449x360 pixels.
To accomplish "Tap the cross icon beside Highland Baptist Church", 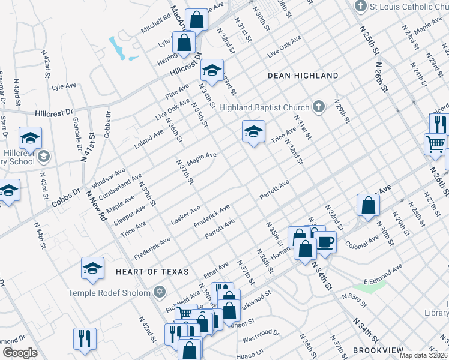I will pos(319,107).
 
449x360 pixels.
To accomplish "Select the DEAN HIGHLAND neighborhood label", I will pos(303,76).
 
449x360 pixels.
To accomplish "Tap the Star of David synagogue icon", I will pos(159,292).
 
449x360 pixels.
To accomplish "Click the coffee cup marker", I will pos(326,241).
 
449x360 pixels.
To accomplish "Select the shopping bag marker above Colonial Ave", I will pos(368,205).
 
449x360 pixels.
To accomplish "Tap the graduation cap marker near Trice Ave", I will pos(253,132).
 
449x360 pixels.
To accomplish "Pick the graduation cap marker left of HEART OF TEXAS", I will pos(92,268).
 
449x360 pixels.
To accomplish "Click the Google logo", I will pos(19,353).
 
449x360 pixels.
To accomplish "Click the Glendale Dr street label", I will pos(77,134).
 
